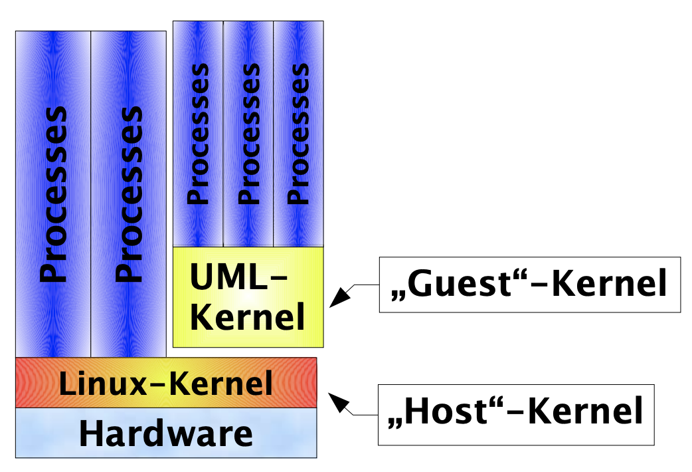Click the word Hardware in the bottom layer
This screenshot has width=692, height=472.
166,434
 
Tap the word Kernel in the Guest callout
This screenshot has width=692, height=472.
608,285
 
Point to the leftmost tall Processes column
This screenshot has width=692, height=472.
53,193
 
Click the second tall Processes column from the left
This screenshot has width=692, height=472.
128,193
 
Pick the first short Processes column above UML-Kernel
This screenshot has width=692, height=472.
198,133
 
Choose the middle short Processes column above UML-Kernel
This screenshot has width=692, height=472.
248,133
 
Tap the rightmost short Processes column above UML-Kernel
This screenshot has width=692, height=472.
298,133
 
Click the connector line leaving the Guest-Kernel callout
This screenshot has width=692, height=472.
366,285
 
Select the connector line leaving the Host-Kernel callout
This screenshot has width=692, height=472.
365,413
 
